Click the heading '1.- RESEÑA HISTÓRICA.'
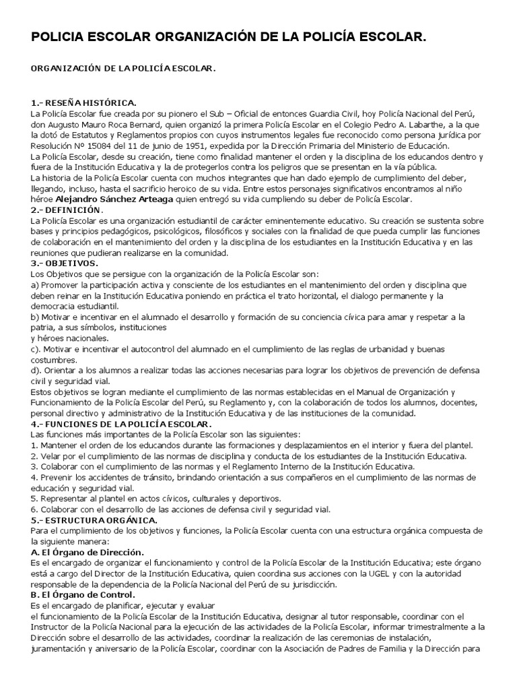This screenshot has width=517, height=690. pos(83,102)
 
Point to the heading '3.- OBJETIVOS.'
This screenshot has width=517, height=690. pos(65,263)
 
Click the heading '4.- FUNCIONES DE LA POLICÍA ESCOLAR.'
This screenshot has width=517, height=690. pos(121,425)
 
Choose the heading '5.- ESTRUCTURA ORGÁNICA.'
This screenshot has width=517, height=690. pos(94,520)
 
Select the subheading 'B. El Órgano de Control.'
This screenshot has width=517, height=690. pos(83,596)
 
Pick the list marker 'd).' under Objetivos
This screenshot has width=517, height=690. pos(38,371)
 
